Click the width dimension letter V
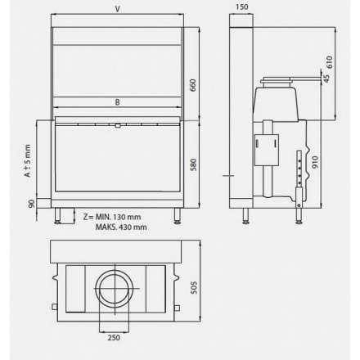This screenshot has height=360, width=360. (118, 9)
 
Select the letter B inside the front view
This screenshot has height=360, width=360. (118, 102)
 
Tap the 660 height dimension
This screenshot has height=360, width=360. (193, 85)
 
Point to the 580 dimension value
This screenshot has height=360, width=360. (193, 164)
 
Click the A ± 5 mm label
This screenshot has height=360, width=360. (27, 160)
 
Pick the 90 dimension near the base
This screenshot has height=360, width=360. (30, 203)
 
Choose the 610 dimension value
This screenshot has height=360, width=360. (330, 61)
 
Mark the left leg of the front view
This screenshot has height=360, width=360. (59, 216)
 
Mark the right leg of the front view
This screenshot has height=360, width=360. (177, 216)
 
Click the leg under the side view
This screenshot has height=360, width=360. (245, 216)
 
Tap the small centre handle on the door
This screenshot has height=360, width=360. (118, 125)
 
